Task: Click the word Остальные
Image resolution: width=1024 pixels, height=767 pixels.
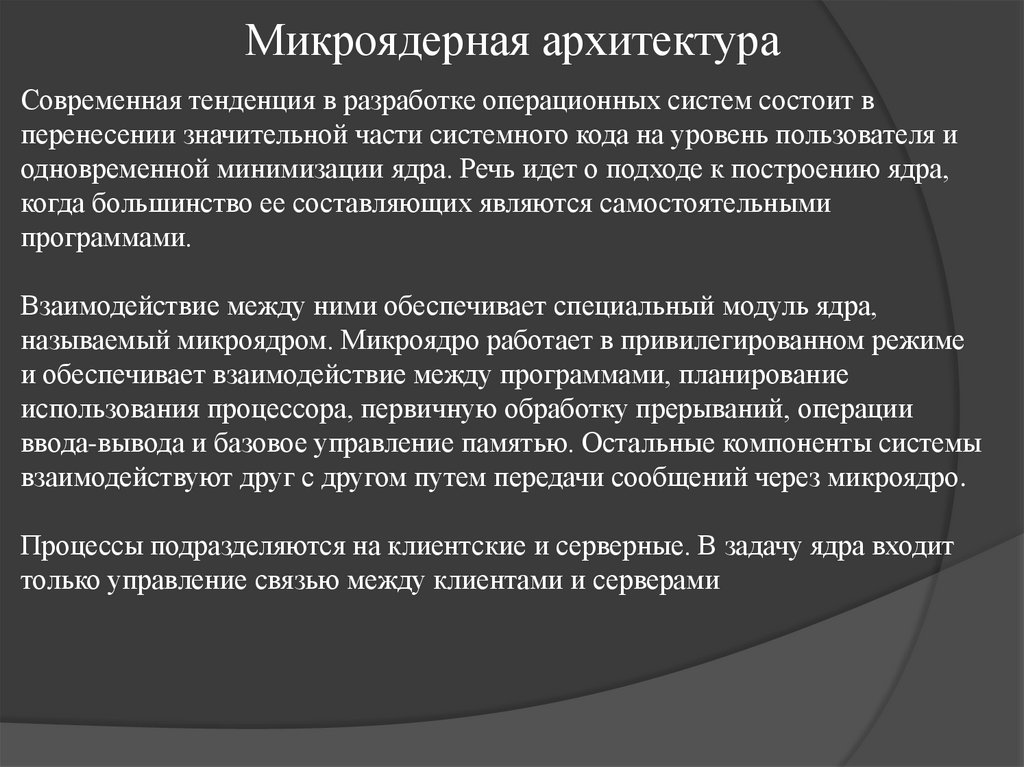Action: (654, 443)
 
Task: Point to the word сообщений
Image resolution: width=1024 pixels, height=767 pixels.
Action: (691, 477)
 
